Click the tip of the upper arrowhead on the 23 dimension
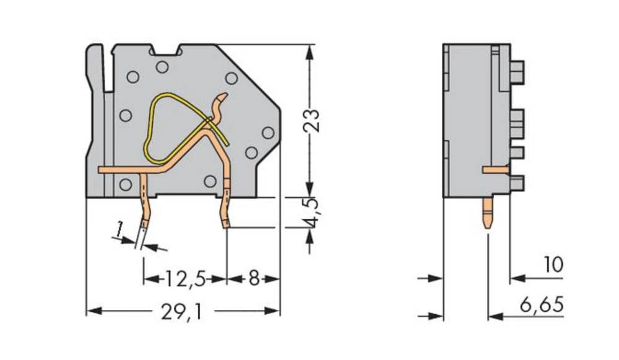(x=310, y=45)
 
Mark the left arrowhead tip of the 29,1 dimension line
(x=86, y=311)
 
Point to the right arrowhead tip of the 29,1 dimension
(x=280, y=311)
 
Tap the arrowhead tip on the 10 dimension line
(x=510, y=278)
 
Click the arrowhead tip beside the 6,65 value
(x=489, y=316)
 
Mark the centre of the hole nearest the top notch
(x=162, y=67)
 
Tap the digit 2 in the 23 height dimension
(x=311, y=126)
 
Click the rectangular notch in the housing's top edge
(x=166, y=49)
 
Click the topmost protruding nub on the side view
(x=517, y=72)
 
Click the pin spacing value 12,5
(x=184, y=279)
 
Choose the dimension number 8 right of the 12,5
(x=254, y=279)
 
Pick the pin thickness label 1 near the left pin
(x=118, y=229)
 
